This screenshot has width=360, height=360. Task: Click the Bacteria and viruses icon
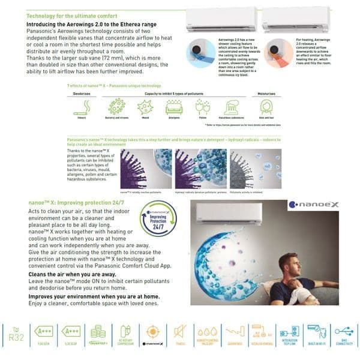pyautogui.click(x=113, y=107)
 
